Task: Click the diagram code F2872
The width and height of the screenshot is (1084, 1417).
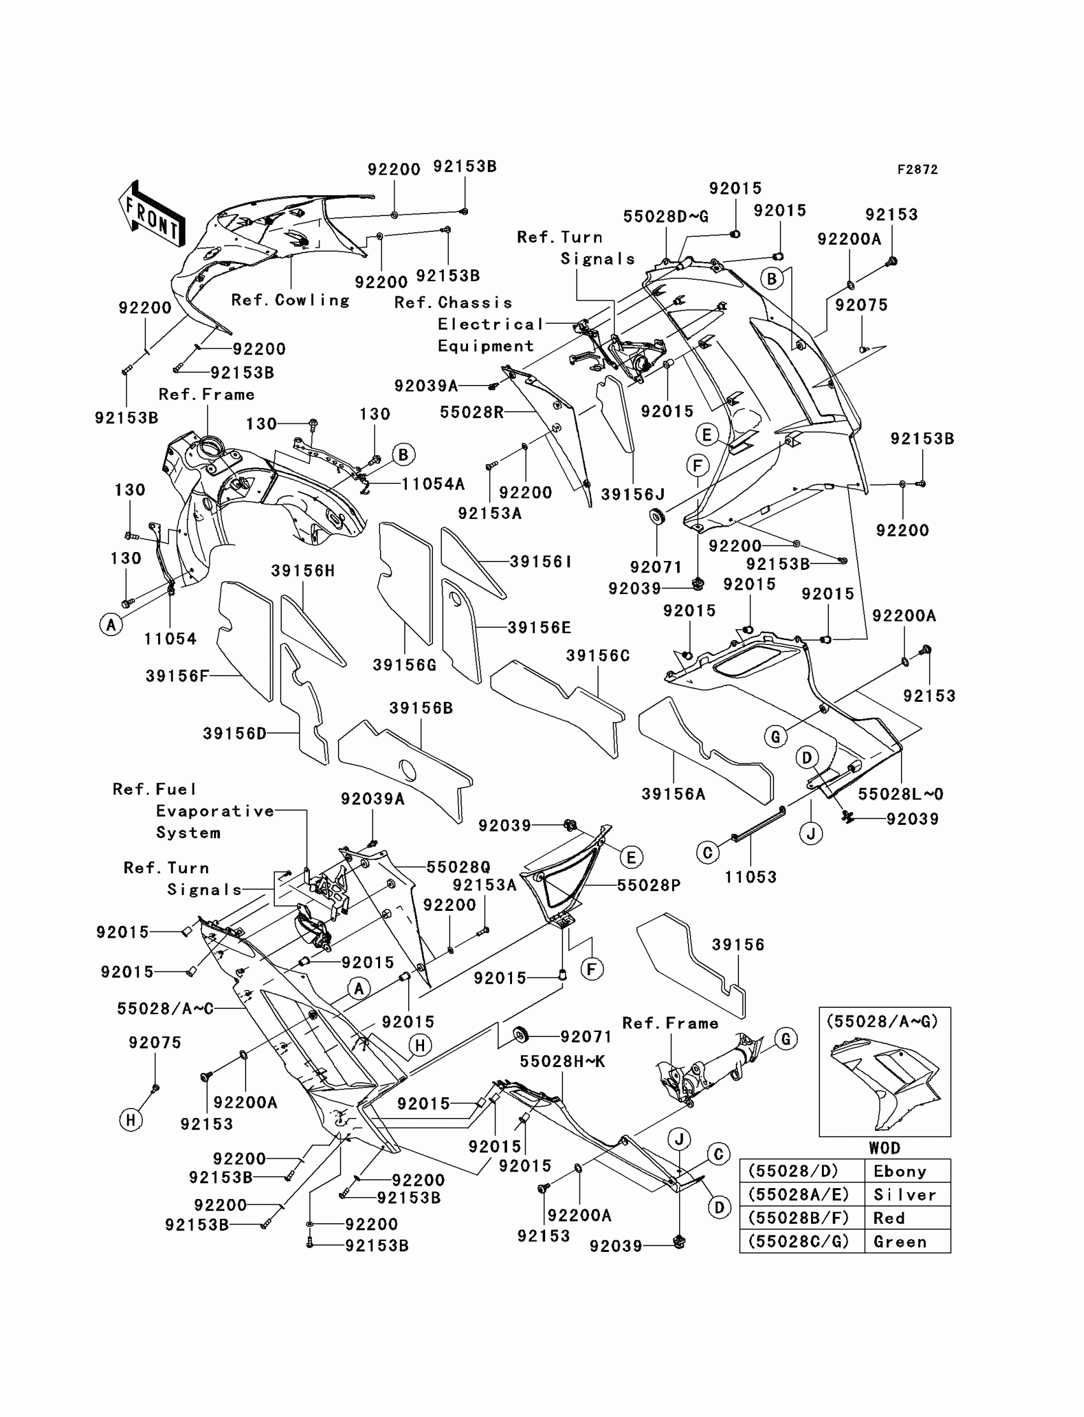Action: click(x=917, y=170)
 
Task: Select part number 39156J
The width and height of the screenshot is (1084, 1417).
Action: click(x=633, y=494)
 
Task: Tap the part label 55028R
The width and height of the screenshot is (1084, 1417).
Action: click(x=472, y=412)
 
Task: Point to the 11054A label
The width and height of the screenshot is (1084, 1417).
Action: click(x=433, y=484)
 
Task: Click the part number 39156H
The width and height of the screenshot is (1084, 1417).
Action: click(x=303, y=570)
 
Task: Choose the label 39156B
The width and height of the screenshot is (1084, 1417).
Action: click(x=421, y=708)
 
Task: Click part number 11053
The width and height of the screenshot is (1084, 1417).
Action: click(x=751, y=876)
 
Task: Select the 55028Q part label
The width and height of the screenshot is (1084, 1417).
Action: click(x=458, y=868)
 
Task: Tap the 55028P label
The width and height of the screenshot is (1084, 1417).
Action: click(x=648, y=885)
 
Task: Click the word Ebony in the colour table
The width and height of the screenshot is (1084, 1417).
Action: click(x=900, y=1171)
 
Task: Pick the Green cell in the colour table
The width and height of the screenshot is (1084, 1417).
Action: click(x=900, y=1242)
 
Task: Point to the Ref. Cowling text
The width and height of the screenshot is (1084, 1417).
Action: click(x=290, y=300)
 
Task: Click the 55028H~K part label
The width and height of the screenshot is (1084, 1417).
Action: click(x=562, y=1061)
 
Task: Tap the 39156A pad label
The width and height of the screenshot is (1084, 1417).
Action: click(x=673, y=794)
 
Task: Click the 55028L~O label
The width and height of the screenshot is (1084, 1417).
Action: click(x=900, y=794)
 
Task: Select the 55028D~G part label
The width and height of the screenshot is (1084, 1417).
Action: click(x=665, y=217)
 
